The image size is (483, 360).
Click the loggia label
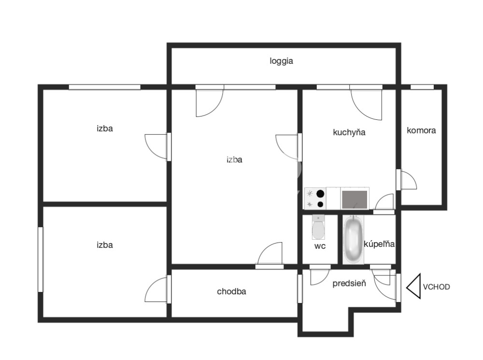click(281, 61)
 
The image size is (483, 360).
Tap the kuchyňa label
click(349, 132)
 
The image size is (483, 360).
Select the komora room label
click(421, 130)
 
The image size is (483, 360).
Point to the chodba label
click(231, 291)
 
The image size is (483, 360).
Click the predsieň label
click(349, 283)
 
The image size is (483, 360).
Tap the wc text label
click(320, 246)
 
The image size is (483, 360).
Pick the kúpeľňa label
click(379, 244)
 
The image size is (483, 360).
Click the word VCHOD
click(436, 287)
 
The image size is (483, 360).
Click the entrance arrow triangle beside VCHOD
click(414, 287)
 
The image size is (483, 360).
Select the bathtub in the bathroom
click(354, 239)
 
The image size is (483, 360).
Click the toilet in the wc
click(318, 227)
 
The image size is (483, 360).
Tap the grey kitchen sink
click(355, 200)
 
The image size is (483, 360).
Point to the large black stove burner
click(321, 194)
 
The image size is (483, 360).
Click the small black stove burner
click(321, 204)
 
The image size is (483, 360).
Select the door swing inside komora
click(409, 180)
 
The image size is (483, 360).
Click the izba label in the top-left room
click(105, 129)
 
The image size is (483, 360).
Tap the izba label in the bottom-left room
click(105, 245)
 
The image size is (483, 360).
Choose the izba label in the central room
click(234, 159)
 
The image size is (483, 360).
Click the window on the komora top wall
click(422, 87)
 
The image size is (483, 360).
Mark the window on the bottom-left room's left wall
click(41, 259)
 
